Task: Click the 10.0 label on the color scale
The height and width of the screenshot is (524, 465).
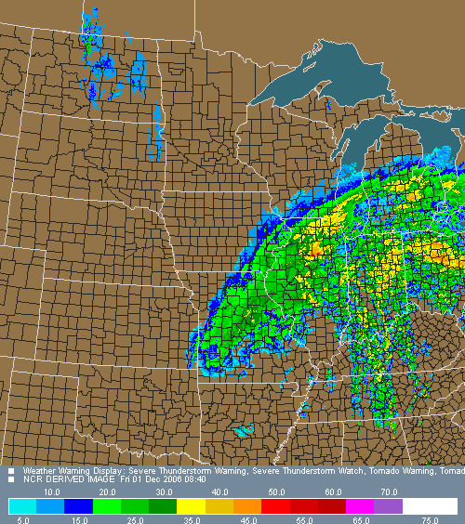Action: point(51,491)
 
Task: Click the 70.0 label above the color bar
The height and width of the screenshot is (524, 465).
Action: point(390,491)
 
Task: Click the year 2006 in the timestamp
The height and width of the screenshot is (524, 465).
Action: point(179,479)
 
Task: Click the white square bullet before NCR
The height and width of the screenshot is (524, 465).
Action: point(11,480)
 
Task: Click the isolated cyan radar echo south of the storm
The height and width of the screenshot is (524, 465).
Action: point(244,431)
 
